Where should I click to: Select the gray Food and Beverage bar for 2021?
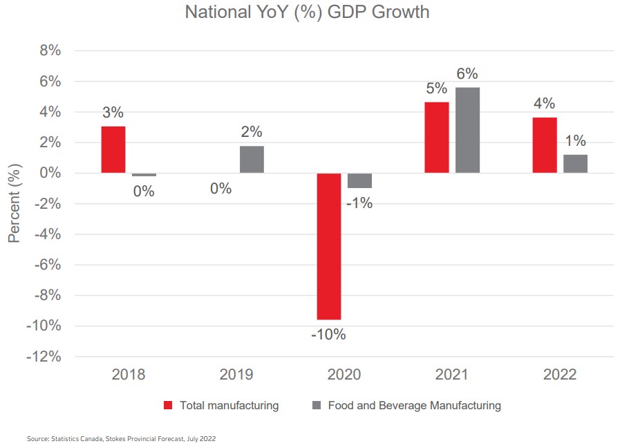coord(467,130)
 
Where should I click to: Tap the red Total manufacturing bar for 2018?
coord(113,149)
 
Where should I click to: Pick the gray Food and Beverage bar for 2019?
coord(252,159)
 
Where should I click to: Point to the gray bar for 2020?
coord(359,180)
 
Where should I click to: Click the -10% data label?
coord(328,335)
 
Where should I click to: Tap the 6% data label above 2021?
coord(467,74)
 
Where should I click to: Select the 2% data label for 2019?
coord(252,132)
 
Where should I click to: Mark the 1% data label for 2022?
coord(575,141)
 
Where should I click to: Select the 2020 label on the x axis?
coord(344,375)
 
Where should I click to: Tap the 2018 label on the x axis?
coord(129,375)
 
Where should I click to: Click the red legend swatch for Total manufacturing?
coord(167,405)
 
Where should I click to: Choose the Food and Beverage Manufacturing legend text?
coord(415,405)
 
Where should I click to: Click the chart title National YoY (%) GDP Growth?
coord(307,12)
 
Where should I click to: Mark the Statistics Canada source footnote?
coord(126,438)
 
